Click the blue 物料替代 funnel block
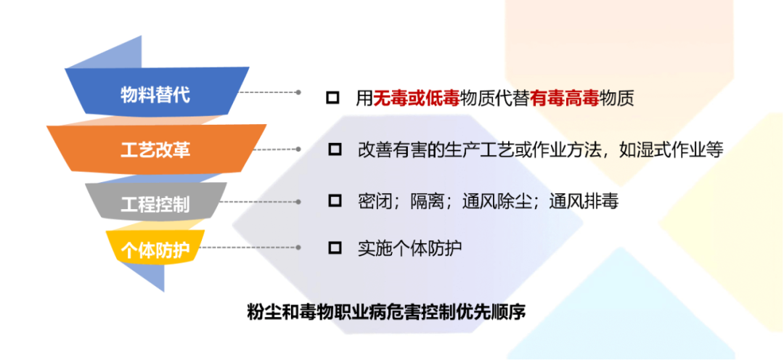tap(157, 93)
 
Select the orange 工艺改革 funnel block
tap(157, 150)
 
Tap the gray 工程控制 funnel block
tap(155, 203)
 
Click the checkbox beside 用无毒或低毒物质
tap(332, 97)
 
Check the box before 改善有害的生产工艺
tap(335, 149)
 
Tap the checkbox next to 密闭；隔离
tap(335, 201)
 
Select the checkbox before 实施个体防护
tap(335, 247)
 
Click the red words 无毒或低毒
tap(417, 98)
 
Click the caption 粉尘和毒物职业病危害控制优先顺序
tap(387, 311)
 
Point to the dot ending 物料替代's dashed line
tap(298, 92)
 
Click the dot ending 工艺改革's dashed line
tap(298, 149)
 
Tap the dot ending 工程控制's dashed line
tap(298, 202)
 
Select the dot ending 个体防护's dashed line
tap(298, 247)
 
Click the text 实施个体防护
tap(409, 247)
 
